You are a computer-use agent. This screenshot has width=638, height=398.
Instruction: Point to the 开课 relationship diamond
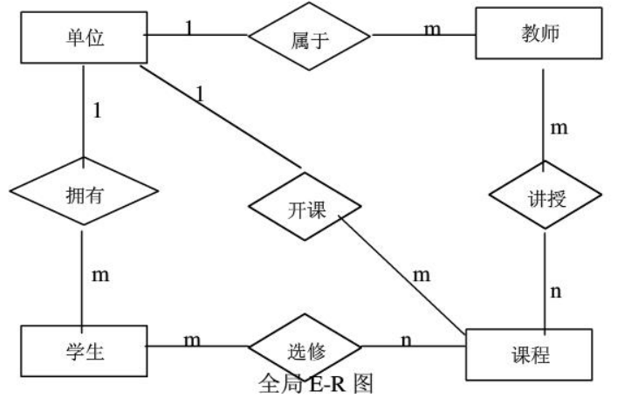tap(304, 209)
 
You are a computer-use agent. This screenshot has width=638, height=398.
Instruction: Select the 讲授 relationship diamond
tap(545, 198)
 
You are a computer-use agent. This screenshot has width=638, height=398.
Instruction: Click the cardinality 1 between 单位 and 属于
tap(188, 27)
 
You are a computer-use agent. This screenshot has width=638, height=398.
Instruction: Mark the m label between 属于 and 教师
tap(432, 28)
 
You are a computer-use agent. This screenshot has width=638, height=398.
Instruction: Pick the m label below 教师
tap(559, 127)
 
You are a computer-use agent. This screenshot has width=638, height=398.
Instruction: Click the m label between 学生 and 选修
tap(191, 340)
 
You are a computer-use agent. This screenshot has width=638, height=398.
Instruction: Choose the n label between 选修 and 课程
tap(406, 340)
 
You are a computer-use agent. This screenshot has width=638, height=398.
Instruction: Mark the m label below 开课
tap(422, 275)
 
